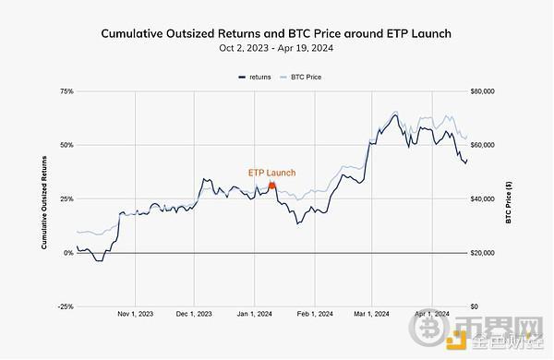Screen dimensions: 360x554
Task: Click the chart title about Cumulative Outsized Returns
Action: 276,33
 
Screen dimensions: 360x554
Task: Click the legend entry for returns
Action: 259,77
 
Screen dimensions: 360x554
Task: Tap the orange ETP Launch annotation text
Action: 271,173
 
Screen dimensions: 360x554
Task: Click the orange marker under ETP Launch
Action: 271,185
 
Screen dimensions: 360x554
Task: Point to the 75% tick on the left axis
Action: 66,91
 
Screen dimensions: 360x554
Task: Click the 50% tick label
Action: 66,145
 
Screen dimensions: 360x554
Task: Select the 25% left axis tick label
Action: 66,198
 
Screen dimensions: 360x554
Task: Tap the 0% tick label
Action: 68,252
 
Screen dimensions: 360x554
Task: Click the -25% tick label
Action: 65,306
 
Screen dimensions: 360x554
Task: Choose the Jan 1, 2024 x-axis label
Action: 253,315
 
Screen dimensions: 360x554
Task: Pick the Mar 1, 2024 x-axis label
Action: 369,315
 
